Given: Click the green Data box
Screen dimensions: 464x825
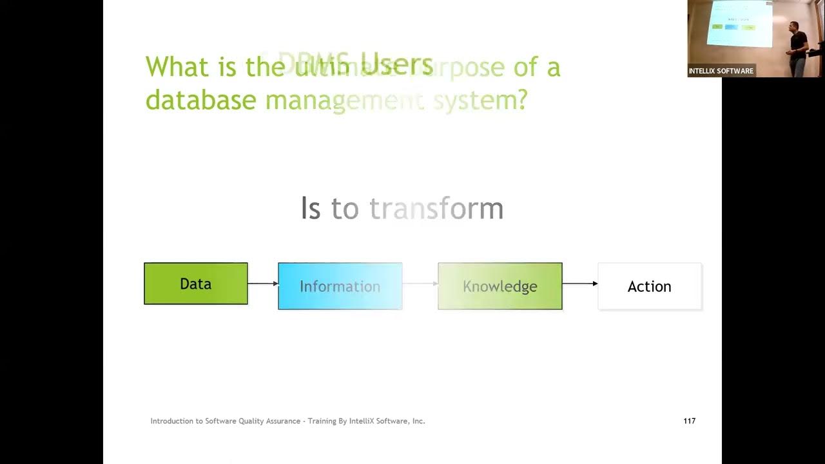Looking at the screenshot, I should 195,284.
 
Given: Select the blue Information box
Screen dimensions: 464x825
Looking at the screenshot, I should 340,286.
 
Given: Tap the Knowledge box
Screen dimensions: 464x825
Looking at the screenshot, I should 500,286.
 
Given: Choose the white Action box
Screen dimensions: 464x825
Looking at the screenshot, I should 649,286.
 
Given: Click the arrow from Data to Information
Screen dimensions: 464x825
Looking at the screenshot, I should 262,284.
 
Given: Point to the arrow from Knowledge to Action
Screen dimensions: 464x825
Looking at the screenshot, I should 579,284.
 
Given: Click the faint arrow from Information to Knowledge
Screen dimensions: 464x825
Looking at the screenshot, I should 420,284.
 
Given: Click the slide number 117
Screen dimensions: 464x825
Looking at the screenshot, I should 689,421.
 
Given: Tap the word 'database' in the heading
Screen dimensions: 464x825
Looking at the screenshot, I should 200,100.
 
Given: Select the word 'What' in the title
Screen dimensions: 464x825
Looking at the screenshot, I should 177,67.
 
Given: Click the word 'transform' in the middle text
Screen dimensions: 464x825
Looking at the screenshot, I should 436,209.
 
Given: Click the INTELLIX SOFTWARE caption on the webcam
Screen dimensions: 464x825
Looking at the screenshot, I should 721,71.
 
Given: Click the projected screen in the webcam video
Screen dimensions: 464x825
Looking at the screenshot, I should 739,24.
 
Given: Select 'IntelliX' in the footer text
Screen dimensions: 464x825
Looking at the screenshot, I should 363,421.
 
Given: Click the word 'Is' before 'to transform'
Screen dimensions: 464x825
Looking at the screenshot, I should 310,209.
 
